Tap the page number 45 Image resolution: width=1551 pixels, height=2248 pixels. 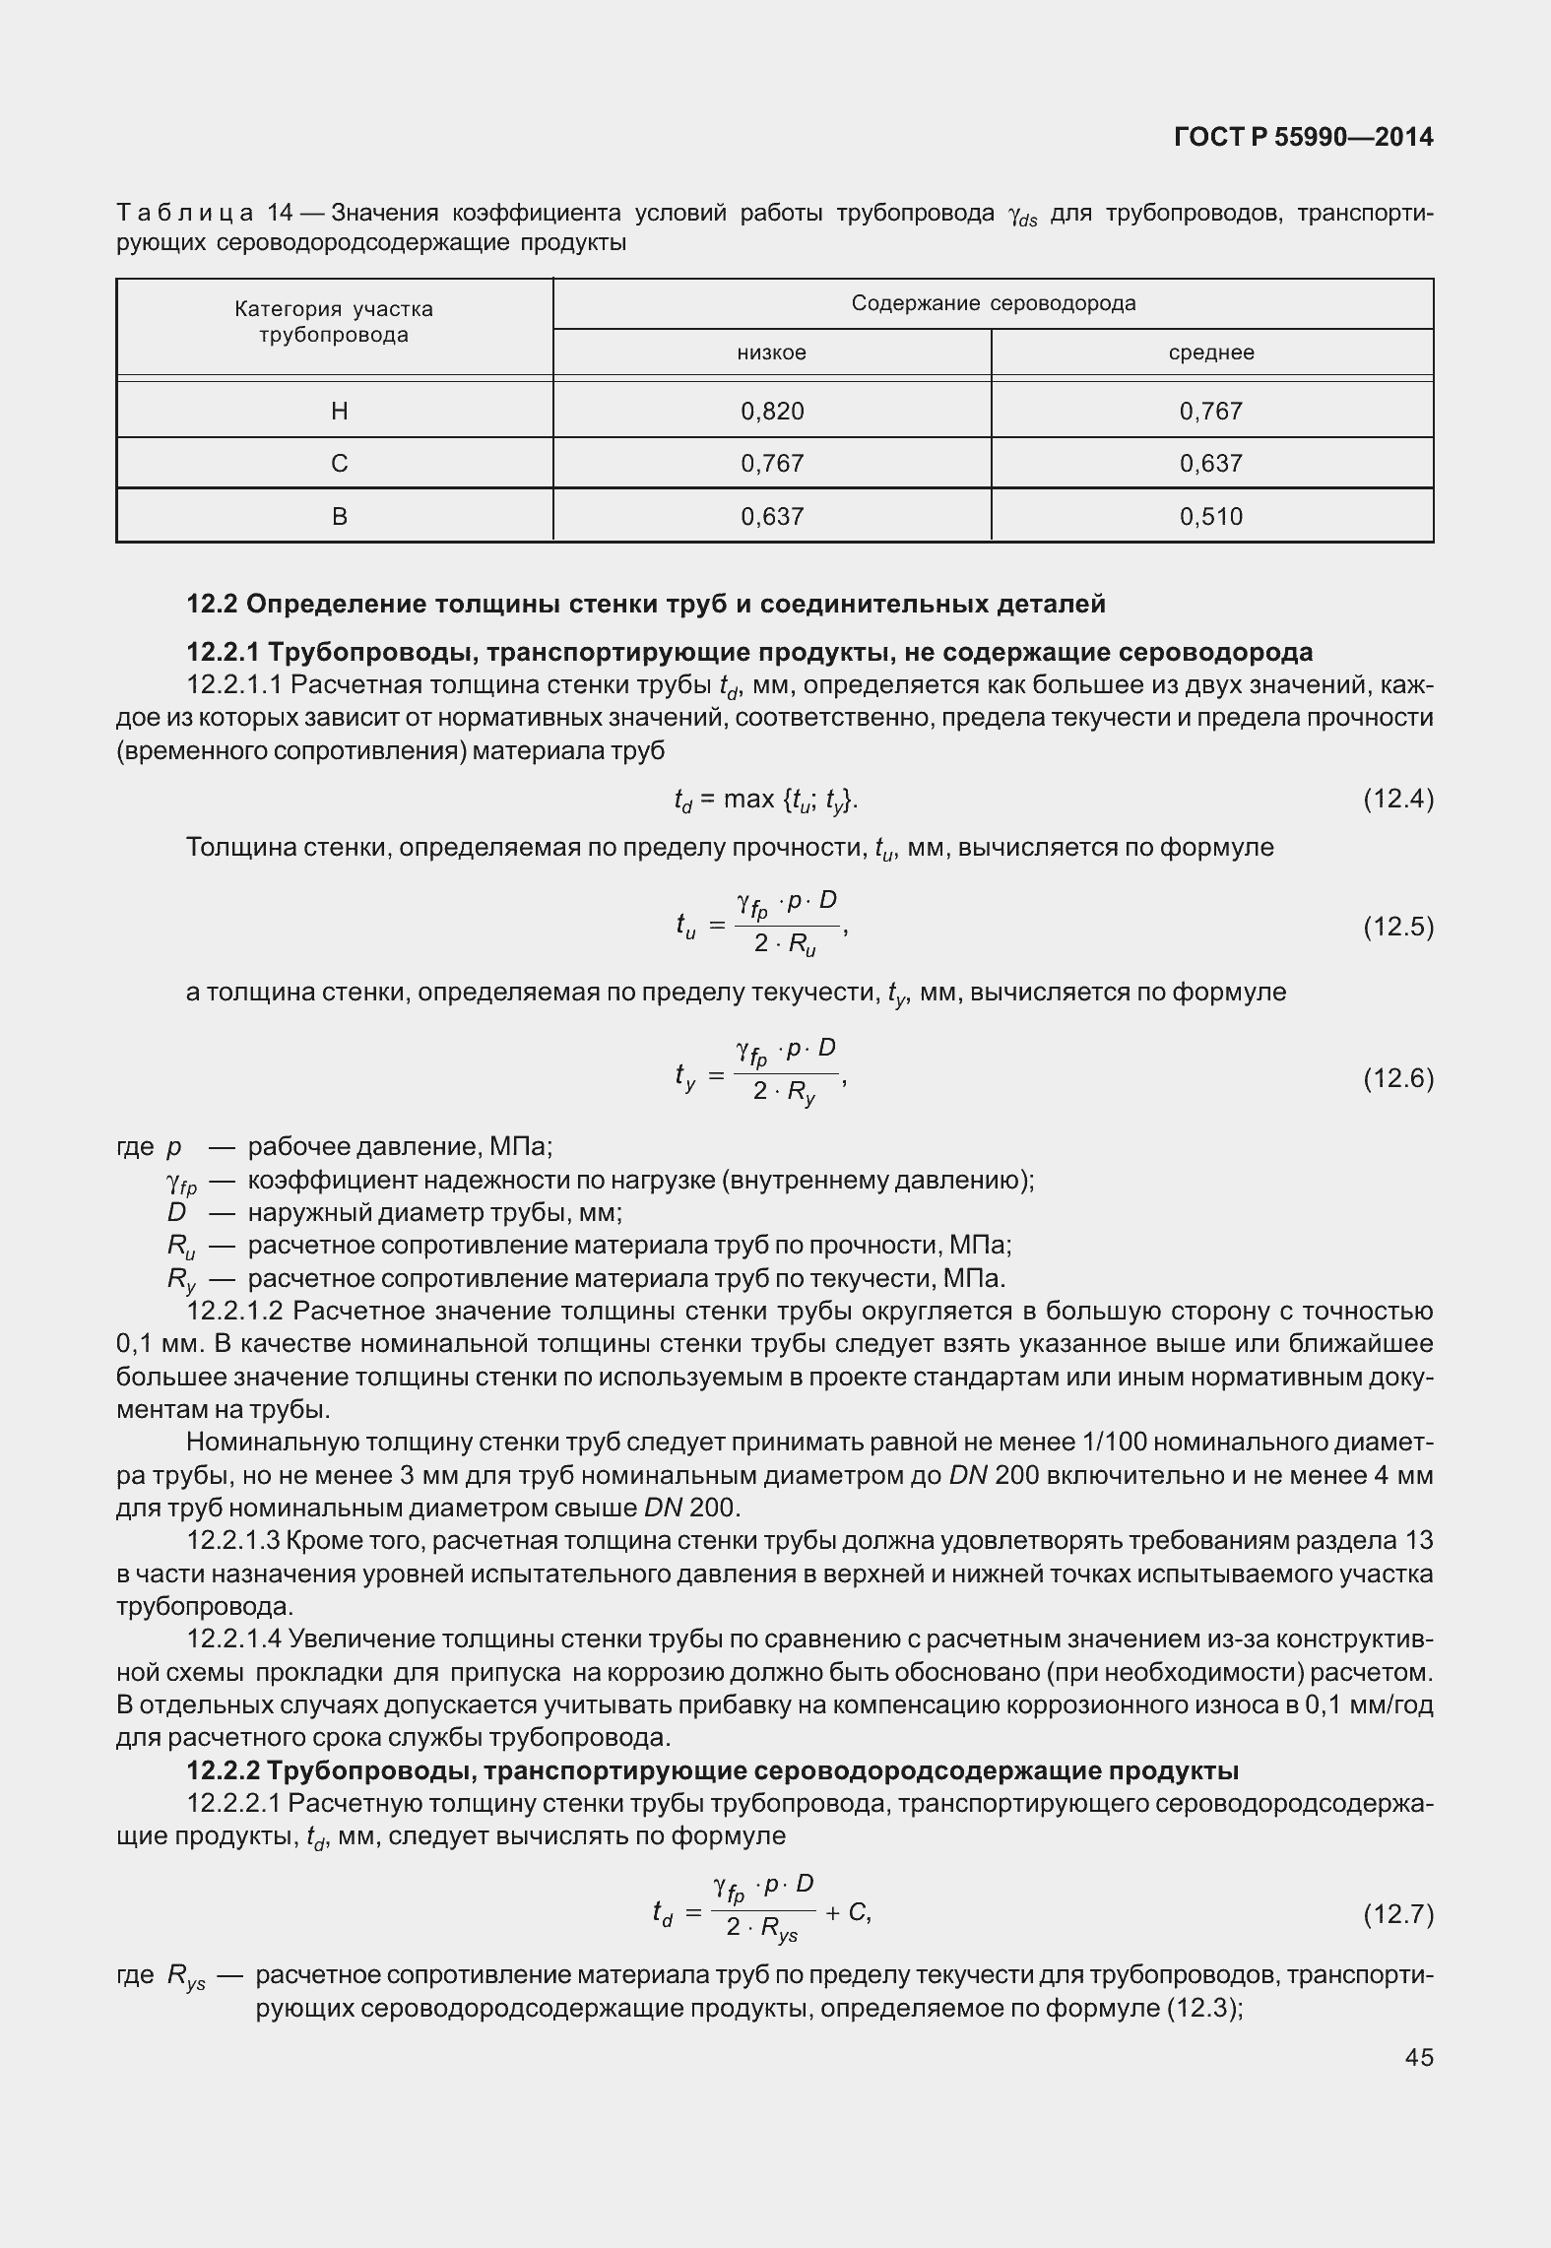coord(1418,2056)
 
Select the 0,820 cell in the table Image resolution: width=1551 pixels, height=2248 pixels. coord(772,411)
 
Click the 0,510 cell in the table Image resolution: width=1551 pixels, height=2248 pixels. coord(1211,516)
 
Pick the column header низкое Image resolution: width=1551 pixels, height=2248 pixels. coord(772,353)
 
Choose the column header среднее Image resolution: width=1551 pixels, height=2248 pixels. coord(1211,353)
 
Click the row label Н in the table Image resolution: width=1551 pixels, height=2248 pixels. coord(339,411)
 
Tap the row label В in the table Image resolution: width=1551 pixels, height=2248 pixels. coord(339,516)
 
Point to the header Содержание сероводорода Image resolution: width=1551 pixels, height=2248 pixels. coord(993,303)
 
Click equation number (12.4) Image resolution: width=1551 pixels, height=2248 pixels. coord(1397,799)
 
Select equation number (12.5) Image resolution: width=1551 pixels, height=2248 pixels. coord(1397,927)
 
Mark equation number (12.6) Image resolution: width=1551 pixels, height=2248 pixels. coord(1397,1078)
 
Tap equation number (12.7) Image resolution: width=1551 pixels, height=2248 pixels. coord(1397,1914)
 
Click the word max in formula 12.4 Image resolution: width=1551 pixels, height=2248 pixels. coord(748,799)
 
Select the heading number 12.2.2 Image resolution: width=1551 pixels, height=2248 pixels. coord(224,1770)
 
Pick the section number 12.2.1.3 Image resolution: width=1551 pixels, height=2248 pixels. coord(235,1540)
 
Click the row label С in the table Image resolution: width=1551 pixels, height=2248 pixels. coord(339,463)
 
